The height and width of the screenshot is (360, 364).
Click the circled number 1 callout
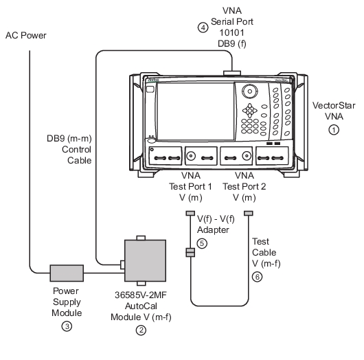[x=334, y=130]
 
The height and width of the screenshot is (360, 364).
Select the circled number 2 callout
[x=141, y=330]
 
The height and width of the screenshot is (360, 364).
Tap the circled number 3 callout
[x=67, y=326]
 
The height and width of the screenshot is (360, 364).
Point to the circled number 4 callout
[x=203, y=27]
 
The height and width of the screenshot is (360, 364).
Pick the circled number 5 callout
[x=202, y=243]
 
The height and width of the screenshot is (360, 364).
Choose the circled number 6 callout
[x=258, y=277]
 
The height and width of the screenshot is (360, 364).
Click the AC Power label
[x=26, y=36]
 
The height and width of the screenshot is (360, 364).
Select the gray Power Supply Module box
[x=67, y=273]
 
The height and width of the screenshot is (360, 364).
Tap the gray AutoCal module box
[x=146, y=260]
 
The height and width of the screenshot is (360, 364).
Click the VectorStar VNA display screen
[x=196, y=111]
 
